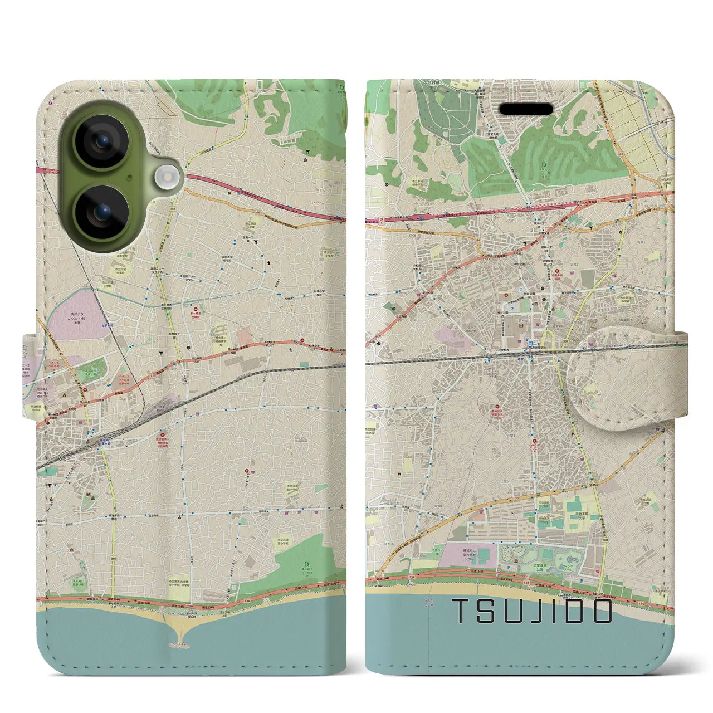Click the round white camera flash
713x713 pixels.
165,178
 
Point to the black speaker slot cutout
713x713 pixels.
527,108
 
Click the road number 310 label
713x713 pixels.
114,559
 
